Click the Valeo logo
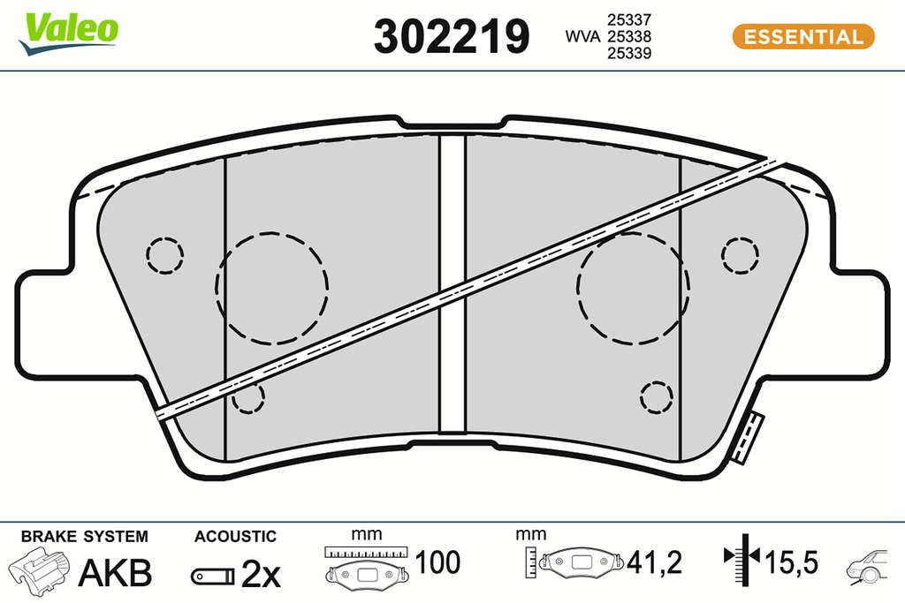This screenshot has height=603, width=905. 69,34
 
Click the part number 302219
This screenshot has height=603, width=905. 452,35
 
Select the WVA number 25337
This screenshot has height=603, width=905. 629,19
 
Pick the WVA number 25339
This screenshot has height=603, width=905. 629,53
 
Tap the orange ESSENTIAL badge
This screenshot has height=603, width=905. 803,36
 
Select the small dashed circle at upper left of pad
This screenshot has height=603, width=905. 147,255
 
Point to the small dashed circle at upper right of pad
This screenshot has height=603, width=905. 722,255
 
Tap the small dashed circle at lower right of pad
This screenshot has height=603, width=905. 641,396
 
